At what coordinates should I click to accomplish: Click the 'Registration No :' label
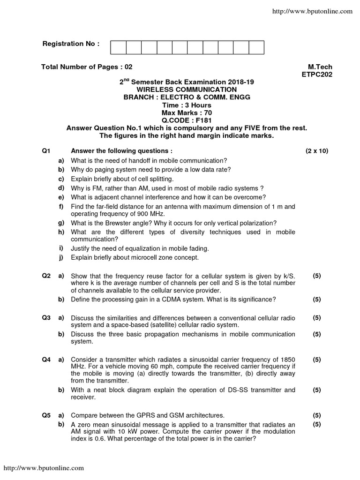71,44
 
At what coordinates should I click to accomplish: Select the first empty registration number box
118,47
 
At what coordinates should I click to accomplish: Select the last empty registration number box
256,47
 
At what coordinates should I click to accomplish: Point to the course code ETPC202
317,74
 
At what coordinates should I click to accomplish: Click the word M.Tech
320,67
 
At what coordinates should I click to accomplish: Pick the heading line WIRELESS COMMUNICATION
187,89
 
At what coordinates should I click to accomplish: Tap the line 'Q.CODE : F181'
187,120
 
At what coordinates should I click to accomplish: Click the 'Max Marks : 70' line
187,112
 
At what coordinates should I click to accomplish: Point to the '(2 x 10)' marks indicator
317,151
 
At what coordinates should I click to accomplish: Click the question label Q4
46,360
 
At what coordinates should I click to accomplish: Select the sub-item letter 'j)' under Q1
61,257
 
